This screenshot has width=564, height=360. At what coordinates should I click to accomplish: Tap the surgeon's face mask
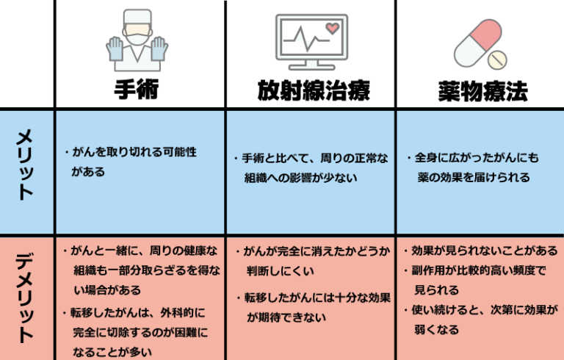coord(137,33)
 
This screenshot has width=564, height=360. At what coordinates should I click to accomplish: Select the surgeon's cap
coord(137,16)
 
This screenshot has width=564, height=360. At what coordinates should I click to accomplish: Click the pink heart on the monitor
coord(332,29)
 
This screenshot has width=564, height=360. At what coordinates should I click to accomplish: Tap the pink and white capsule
coord(477,42)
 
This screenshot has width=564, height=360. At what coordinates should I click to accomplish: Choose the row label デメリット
coord(26,297)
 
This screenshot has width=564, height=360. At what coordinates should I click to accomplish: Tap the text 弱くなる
coord(437,330)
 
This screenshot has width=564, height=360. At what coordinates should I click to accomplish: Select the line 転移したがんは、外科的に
coord(136,312)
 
